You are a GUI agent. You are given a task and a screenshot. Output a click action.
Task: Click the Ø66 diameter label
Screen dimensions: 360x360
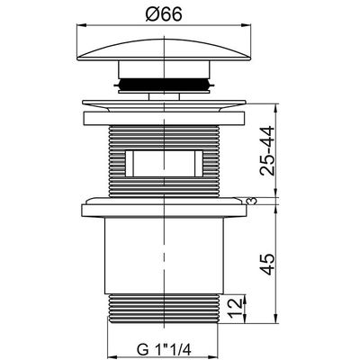pos(164,14)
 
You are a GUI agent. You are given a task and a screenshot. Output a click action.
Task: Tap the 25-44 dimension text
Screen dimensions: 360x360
pos(266,151)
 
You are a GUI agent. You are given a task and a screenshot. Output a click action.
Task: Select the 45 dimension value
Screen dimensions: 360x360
pos(266,264)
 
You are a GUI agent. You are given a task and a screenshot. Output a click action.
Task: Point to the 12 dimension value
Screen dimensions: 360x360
pos(236,309)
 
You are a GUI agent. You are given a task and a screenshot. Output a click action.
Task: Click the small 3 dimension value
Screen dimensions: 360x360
pos(253,201)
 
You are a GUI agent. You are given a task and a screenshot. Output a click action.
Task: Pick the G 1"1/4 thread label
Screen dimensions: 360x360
pos(164,349)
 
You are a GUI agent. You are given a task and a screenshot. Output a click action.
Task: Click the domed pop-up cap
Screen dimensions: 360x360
pos(164,49)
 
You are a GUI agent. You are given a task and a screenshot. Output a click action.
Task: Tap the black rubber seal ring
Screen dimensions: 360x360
pos(164,84)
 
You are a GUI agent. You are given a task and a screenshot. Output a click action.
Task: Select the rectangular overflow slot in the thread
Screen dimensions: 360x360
pos(164,164)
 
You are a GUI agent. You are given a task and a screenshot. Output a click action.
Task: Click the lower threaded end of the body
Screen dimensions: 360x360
pos(164,309)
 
